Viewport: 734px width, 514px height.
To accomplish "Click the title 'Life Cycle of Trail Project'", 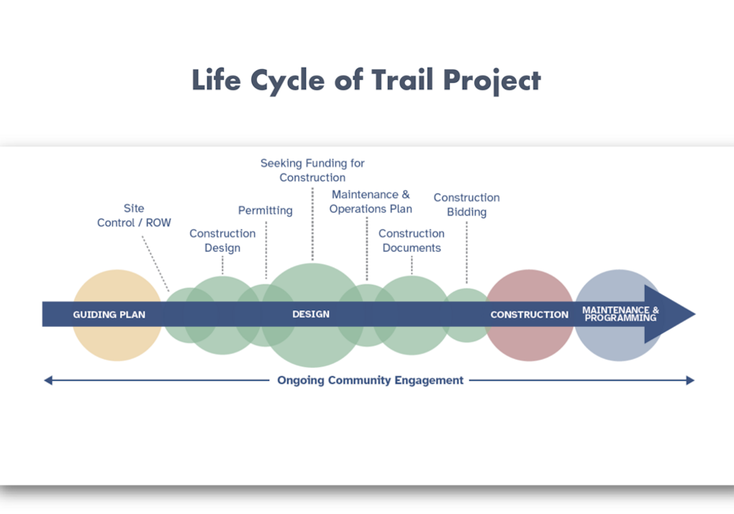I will coord(366,80).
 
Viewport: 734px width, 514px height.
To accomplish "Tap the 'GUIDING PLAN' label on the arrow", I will coord(109,315).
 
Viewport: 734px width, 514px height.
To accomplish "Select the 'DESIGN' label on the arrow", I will coord(311,314).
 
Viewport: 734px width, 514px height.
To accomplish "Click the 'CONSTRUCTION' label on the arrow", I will coord(529,315).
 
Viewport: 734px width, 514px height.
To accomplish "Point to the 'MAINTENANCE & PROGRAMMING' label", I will coord(620,314).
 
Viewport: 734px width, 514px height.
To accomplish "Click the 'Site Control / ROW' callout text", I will coord(134,215).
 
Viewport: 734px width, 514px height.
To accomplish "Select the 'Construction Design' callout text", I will coord(222,240).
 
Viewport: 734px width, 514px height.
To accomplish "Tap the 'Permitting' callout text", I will coord(265,210).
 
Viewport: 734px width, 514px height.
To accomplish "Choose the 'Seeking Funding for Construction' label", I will coord(312,170).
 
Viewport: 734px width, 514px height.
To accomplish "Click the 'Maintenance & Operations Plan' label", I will coord(371,202).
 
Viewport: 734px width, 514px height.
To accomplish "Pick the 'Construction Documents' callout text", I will coord(412,240).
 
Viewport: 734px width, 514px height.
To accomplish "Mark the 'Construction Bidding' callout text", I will coord(466,204).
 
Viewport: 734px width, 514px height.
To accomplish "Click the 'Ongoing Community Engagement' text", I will coord(370,380).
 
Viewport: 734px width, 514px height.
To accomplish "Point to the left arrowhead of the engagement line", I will coord(48,380).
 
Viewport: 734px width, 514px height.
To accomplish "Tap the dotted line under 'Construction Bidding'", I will coord(466,252).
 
